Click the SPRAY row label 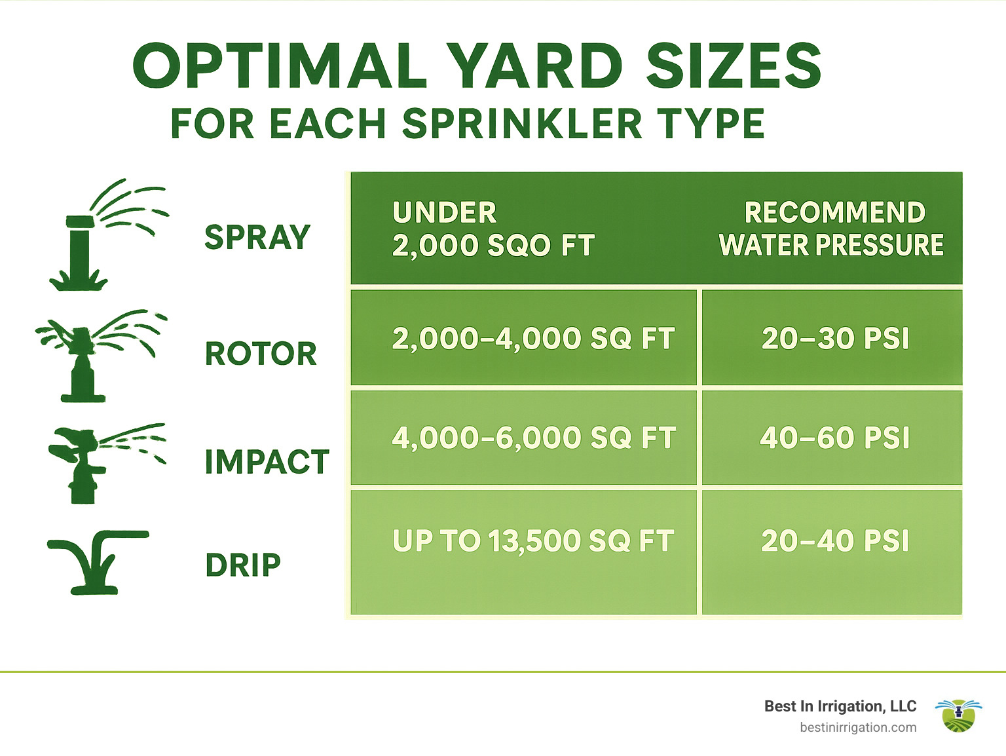[x=257, y=237]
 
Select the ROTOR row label [x=261, y=354]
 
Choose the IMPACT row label [x=267, y=462]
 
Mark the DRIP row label [x=243, y=565]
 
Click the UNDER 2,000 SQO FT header [x=493, y=229]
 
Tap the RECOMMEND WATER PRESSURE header [x=832, y=229]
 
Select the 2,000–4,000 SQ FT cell [x=533, y=339]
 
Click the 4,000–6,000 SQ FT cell [x=533, y=438]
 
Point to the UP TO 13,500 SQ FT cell [x=533, y=541]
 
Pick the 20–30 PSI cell [x=835, y=339]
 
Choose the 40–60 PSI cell [x=835, y=438]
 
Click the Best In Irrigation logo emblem [x=958, y=715]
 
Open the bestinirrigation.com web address [x=858, y=728]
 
